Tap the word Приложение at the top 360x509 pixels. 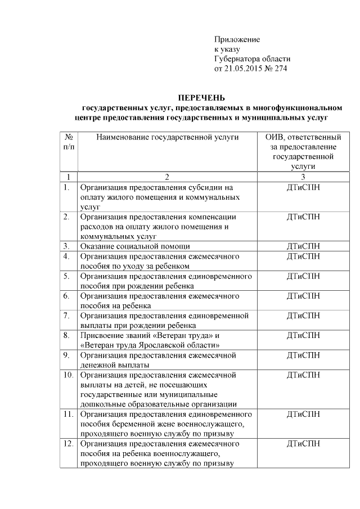237,39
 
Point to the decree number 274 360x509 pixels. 280,69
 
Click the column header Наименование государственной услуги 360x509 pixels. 167,137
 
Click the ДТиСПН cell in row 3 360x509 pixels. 303,246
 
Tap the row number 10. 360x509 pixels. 68,374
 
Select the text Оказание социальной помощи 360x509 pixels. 134,246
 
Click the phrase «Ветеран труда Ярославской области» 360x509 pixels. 150,345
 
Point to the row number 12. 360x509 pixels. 68,444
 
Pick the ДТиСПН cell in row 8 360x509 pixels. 303,335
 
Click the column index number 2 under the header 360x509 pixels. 167,177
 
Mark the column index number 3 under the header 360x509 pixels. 303,177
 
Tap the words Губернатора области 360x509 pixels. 253,59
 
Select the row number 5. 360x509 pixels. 66,276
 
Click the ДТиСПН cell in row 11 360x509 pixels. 303,414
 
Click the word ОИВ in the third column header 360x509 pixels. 274,137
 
